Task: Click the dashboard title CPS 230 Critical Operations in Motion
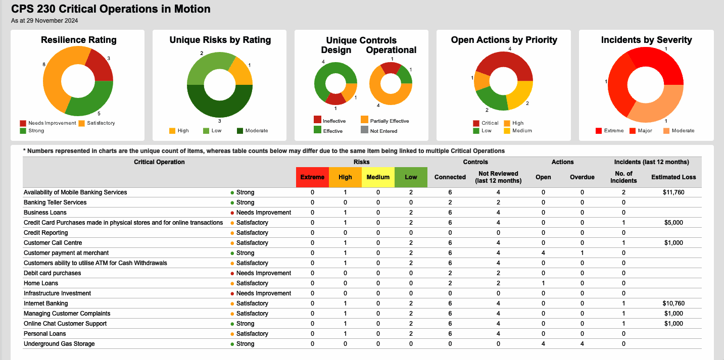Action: [x=111, y=9]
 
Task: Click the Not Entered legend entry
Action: [x=383, y=131]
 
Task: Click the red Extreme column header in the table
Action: [x=312, y=177]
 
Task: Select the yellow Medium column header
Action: [x=378, y=177]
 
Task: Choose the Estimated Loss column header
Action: [x=673, y=177]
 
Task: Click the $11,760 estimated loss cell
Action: [x=673, y=192]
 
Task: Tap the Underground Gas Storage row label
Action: [x=59, y=344]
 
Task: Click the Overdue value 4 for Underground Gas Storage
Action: [x=582, y=344]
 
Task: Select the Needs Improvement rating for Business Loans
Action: [x=263, y=213]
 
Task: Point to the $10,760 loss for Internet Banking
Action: [x=673, y=303]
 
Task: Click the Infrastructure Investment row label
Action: [x=57, y=293]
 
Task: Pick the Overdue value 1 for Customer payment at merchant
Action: [x=582, y=253]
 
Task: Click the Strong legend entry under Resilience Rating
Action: [x=36, y=131]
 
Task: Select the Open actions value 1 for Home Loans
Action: [x=543, y=283]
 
